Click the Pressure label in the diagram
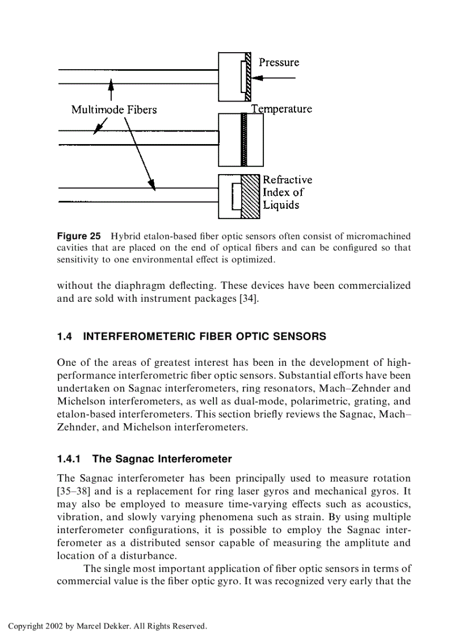coord(279,62)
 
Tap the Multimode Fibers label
coord(113,109)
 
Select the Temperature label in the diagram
coord(282,109)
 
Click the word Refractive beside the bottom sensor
coord(287,180)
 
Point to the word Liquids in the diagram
coord(281,205)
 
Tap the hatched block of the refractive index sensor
coord(250,196)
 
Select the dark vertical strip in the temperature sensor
coord(245,139)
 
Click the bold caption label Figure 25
coord(79,235)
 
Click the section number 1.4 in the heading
coord(65,336)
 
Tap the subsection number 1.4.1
coord(70,458)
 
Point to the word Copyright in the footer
coord(25,626)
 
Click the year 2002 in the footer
coord(54,626)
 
